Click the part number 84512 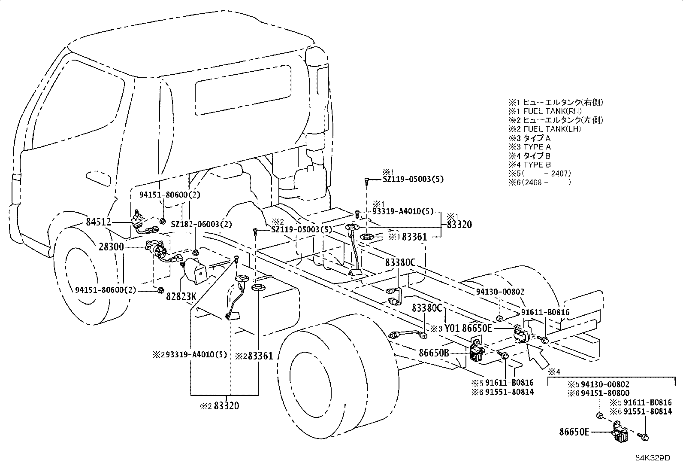[x=98, y=222]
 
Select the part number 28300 [x=111, y=247]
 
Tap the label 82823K [x=181, y=296]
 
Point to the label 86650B [x=434, y=353]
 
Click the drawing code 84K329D [x=653, y=458]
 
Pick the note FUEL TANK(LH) [x=552, y=129]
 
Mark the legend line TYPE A [x=537, y=147]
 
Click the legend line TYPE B [x=537, y=164]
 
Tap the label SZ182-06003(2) [x=201, y=224]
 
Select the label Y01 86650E [x=468, y=328]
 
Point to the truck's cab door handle [x=98, y=179]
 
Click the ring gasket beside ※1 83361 [x=367, y=237]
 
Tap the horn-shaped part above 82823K [x=195, y=271]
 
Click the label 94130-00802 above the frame [x=500, y=292]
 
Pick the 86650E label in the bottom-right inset [x=574, y=432]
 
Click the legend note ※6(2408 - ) [x=540, y=182]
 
